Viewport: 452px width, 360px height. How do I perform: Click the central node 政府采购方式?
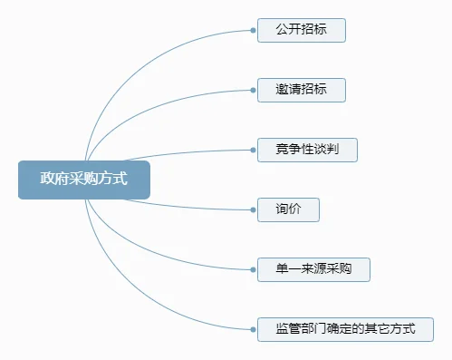(83, 180)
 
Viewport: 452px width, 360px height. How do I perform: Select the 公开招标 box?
(301, 30)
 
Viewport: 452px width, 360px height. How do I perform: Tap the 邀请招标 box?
(301, 90)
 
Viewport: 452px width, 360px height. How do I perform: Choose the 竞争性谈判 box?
(307, 150)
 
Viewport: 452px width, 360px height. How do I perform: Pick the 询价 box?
(288, 209)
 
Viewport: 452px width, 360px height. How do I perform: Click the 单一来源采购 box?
(313, 269)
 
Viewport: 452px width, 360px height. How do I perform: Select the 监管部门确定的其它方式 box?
(345, 328)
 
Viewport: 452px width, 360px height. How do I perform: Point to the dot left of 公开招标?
(253, 30)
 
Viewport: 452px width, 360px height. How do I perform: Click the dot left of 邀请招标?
(253, 90)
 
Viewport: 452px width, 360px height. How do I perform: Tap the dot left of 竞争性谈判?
(253, 150)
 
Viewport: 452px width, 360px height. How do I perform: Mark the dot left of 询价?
(253, 209)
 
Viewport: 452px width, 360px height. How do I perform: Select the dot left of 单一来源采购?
(253, 269)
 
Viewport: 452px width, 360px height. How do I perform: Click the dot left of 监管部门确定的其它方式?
(253, 328)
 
